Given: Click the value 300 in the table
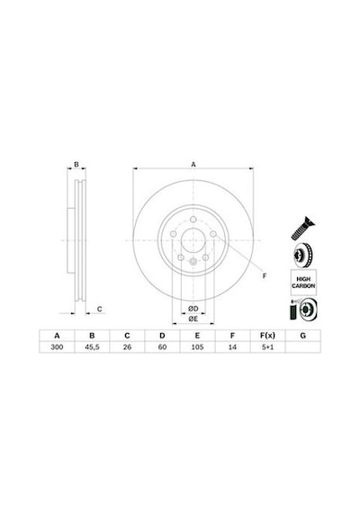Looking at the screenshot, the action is click(57, 347).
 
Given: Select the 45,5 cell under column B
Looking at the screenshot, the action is click(92, 347).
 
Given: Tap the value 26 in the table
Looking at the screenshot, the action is click(127, 347).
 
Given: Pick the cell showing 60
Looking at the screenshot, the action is click(162, 347).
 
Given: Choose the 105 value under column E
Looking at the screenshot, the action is click(197, 347).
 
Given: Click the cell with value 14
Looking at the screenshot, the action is click(232, 347).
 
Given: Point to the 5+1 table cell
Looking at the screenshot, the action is click(267, 347).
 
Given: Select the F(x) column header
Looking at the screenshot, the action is click(267, 336).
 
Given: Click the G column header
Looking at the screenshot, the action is click(303, 336).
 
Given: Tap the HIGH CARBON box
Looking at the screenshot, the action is click(303, 283).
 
